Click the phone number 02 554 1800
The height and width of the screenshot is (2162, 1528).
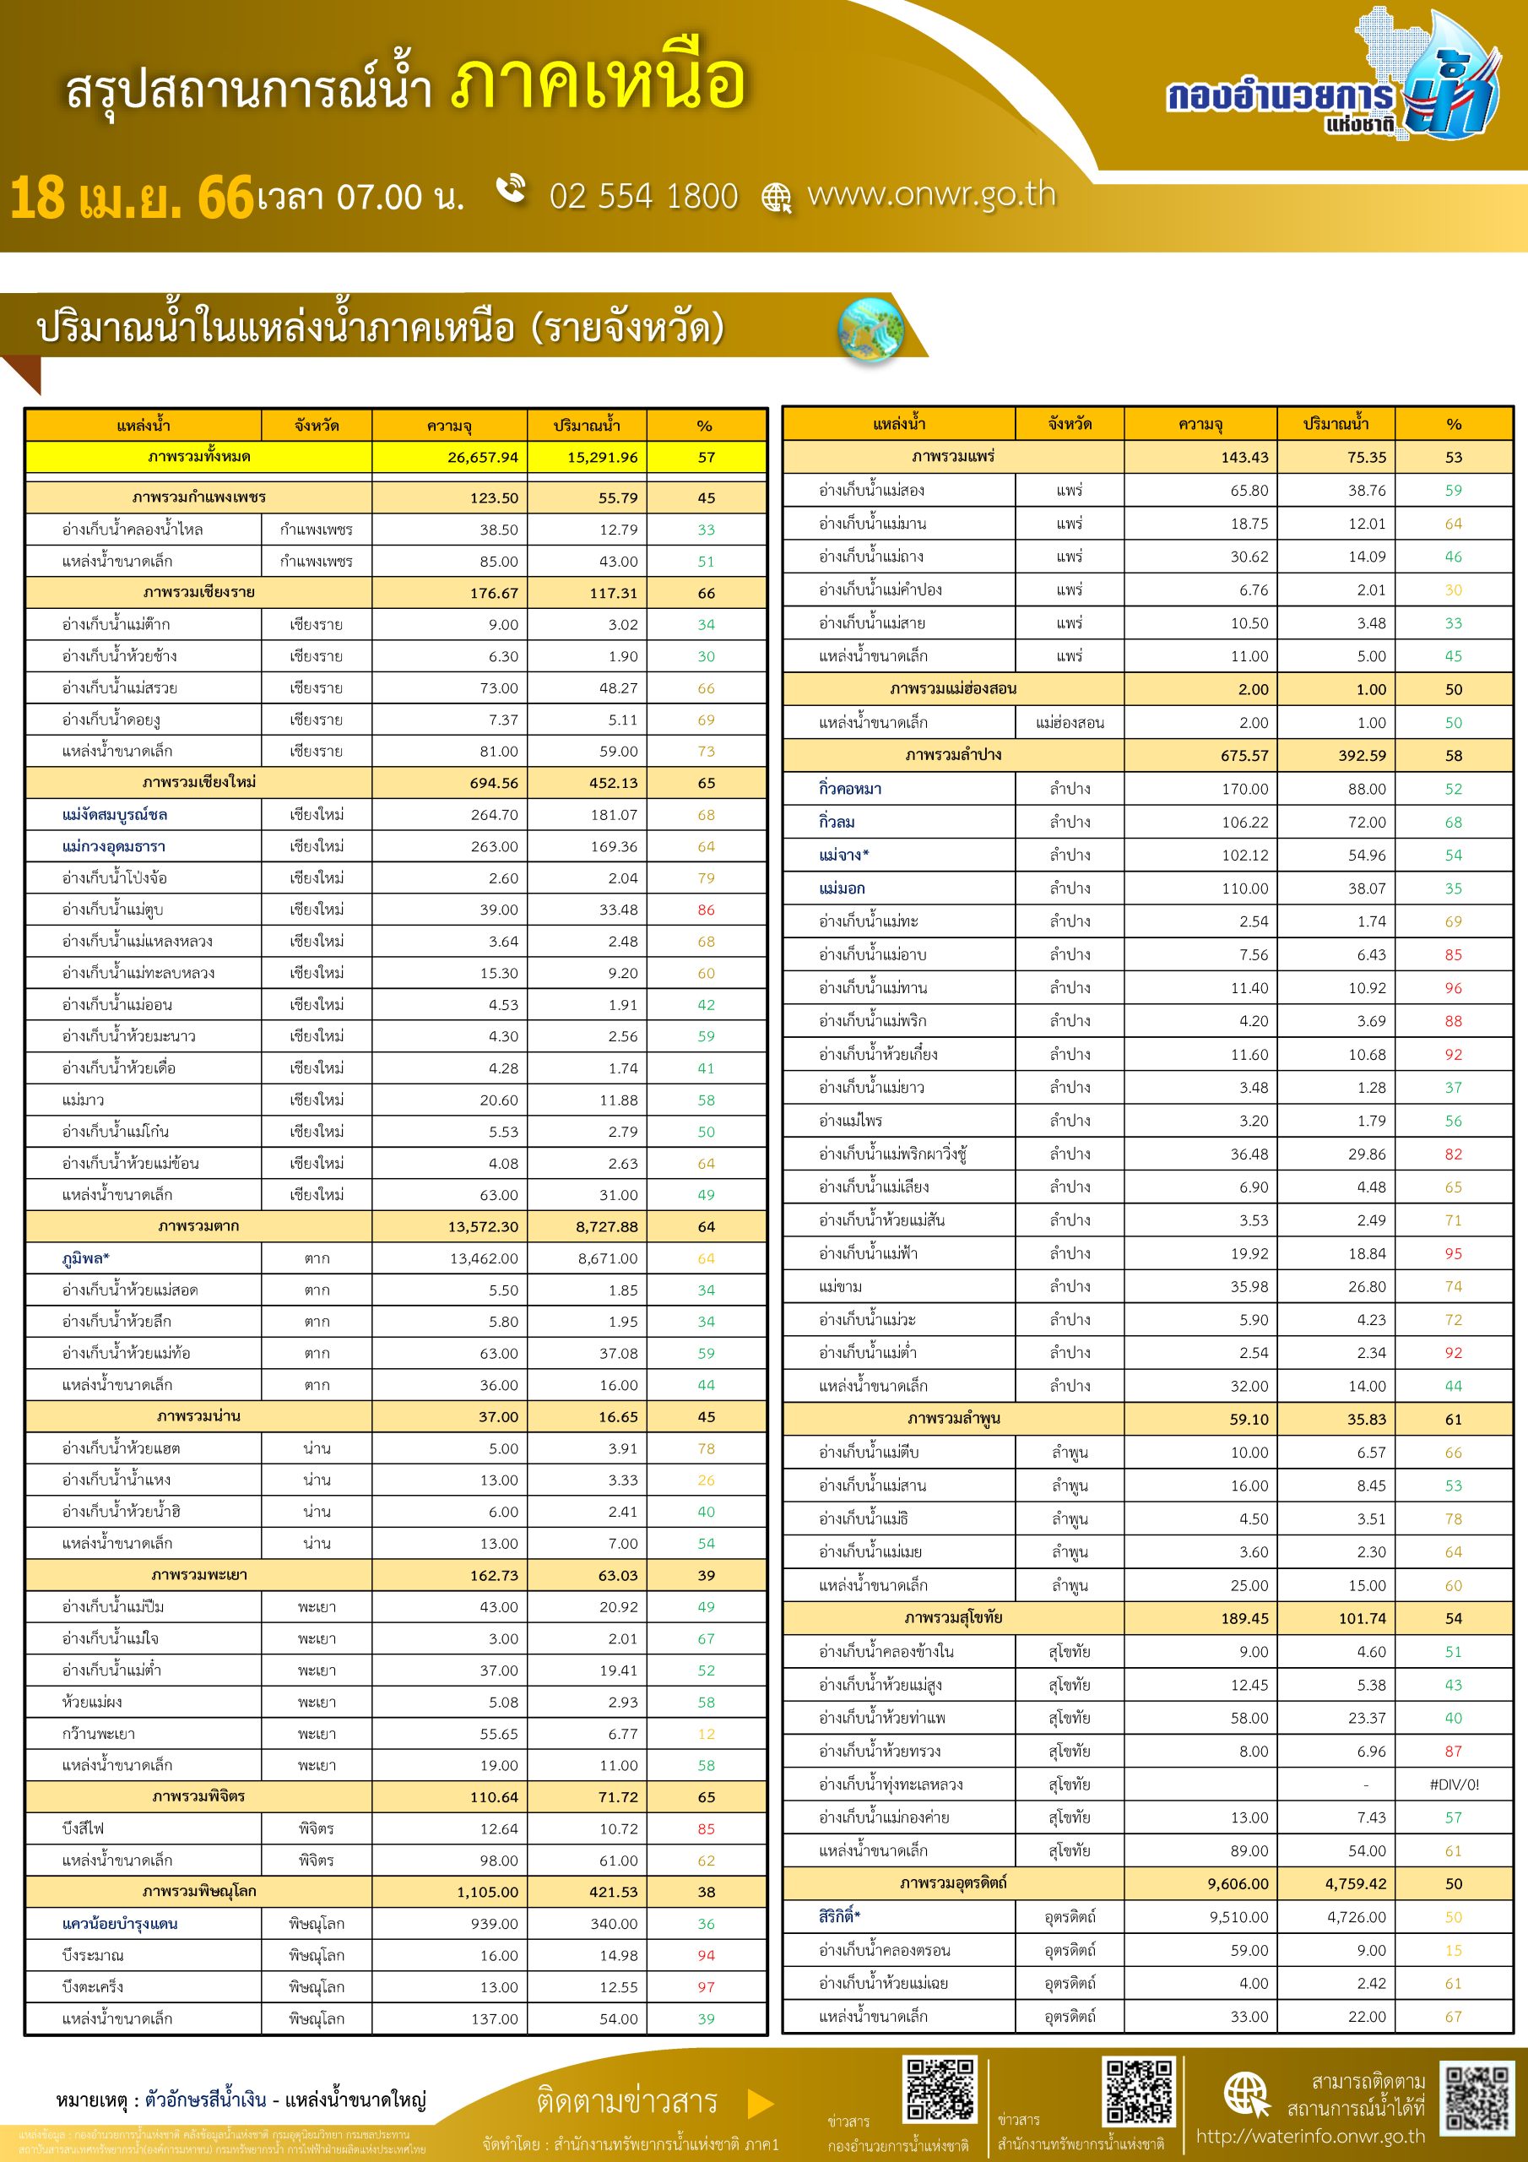pos(643,196)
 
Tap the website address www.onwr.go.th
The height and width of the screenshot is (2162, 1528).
pos(931,194)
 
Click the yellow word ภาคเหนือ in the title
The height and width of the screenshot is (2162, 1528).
pos(599,84)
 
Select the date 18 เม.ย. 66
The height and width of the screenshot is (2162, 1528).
pos(132,198)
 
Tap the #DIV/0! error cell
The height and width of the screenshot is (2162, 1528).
pos(1454,1784)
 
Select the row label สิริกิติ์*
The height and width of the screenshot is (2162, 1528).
pos(840,1916)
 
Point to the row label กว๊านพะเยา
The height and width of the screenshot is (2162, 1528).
pos(98,1734)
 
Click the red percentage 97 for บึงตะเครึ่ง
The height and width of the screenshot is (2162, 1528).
pos(706,1987)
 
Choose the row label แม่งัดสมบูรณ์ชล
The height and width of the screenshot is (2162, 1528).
pos(115,814)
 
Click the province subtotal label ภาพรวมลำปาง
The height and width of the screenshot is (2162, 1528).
pos(953,755)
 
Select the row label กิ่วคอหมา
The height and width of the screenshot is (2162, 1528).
pos(850,789)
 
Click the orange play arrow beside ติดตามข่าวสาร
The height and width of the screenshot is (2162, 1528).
pos(760,2103)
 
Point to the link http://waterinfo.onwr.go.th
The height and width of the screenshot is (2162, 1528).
pos(1310,2137)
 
